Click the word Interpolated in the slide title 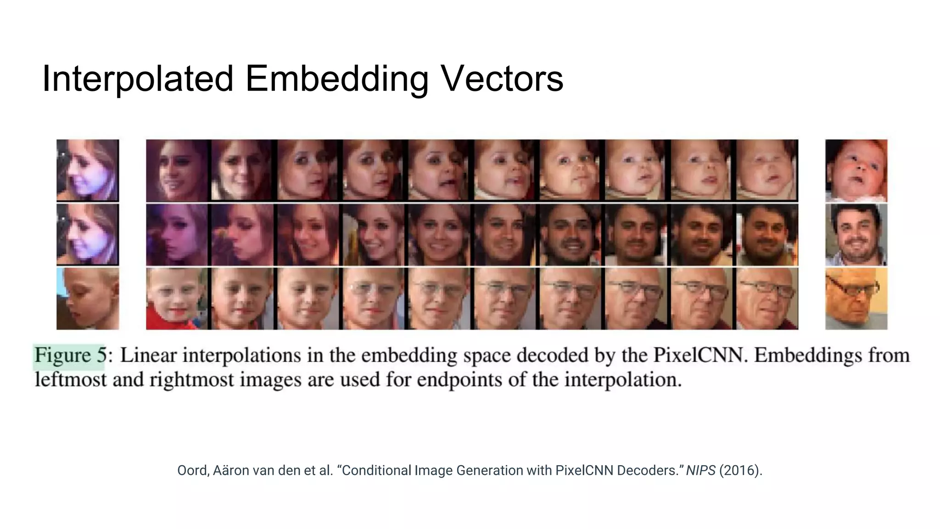click(x=138, y=79)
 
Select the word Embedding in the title click(x=337, y=79)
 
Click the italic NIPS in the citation click(x=700, y=471)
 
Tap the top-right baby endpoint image click(x=856, y=170)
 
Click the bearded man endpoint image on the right click(x=856, y=235)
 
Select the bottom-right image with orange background click(x=856, y=299)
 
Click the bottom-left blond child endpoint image click(x=88, y=299)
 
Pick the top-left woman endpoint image click(x=88, y=170)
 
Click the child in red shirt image click(x=177, y=299)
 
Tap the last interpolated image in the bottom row click(x=767, y=299)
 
